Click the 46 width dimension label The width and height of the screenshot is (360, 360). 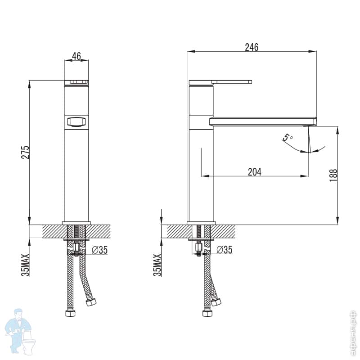[x=76, y=56]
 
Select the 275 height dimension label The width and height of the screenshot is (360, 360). [x=26, y=152]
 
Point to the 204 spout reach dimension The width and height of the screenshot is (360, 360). [x=254, y=171]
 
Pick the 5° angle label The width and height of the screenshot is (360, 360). [x=288, y=136]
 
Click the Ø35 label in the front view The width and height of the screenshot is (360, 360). [x=99, y=251]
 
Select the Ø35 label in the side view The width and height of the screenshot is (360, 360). [x=224, y=250]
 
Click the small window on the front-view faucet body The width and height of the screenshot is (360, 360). [x=76, y=121]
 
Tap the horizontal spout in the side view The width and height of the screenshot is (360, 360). [x=263, y=121]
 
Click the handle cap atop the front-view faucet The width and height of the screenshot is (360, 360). [x=76, y=82]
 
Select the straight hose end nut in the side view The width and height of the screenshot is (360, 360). [x=207, y=313]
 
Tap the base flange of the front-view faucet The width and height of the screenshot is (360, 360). [x=76, y=223]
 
